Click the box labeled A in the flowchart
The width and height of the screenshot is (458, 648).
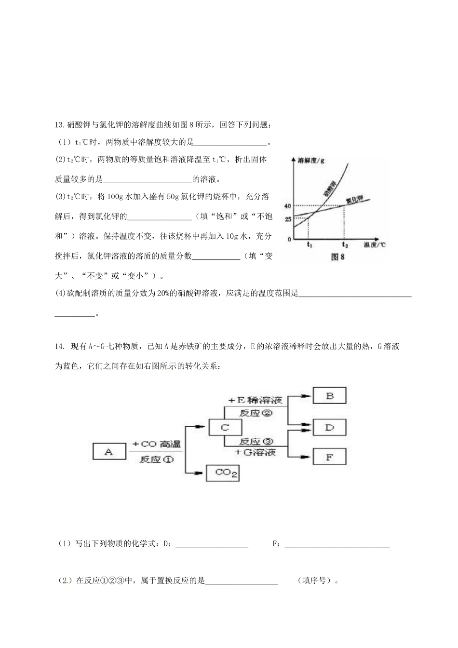click(x=109, y=451)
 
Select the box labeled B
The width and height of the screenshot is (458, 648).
click(x=330, y=396)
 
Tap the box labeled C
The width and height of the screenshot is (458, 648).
click(x=224, y=428)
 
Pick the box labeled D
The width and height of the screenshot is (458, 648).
click(x=330, y=427)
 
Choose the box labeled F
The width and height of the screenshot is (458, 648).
click(x=330, y=457)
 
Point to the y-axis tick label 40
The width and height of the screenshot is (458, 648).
click(x=288, y=206)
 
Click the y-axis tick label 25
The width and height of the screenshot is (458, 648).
click(x=288, y=219)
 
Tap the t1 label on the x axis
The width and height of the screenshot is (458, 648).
click(x=310, y=244)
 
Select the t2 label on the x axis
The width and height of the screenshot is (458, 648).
click(x=344, y=244)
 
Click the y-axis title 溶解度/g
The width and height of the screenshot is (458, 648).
click(x=311, y=160)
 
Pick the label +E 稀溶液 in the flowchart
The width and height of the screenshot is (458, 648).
click(x=256, y=400)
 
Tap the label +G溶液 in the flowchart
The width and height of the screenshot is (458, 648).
click(x=256, y=452)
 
